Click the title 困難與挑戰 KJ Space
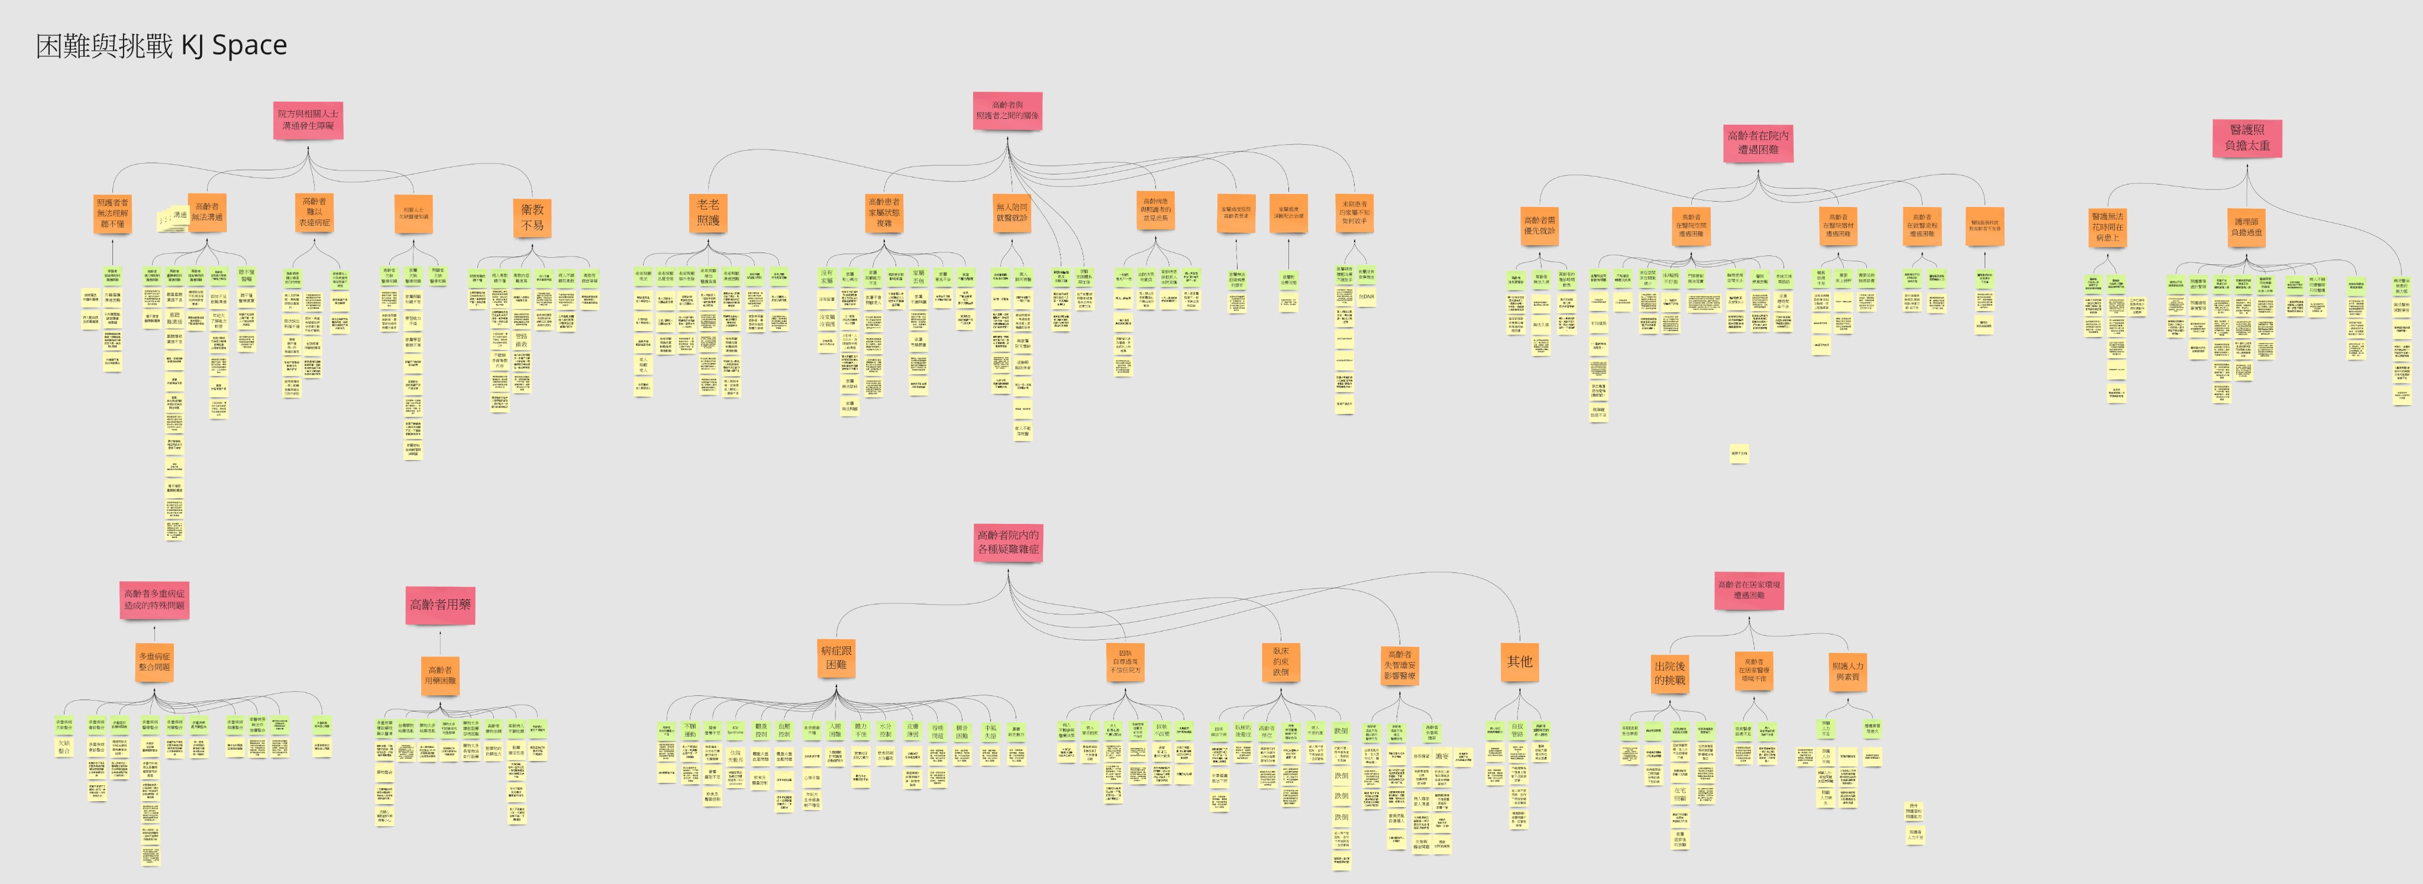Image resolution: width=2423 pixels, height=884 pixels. pos(161,45)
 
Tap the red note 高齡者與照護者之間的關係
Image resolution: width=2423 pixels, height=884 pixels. pos(1007,111)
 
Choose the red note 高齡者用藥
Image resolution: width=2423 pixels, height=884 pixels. pos(440,605)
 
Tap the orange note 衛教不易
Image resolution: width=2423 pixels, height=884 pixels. pos(532,217)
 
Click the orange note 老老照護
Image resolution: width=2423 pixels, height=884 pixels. pos(708,212)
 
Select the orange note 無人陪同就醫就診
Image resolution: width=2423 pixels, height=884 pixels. pos(1012,212)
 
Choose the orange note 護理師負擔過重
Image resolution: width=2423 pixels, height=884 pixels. pos(2248,228)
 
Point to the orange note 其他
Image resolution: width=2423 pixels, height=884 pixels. pos(1519,662)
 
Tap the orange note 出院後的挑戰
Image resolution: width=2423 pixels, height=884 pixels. pos(1669,673)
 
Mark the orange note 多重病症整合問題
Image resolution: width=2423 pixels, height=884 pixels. pos(155,661)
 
